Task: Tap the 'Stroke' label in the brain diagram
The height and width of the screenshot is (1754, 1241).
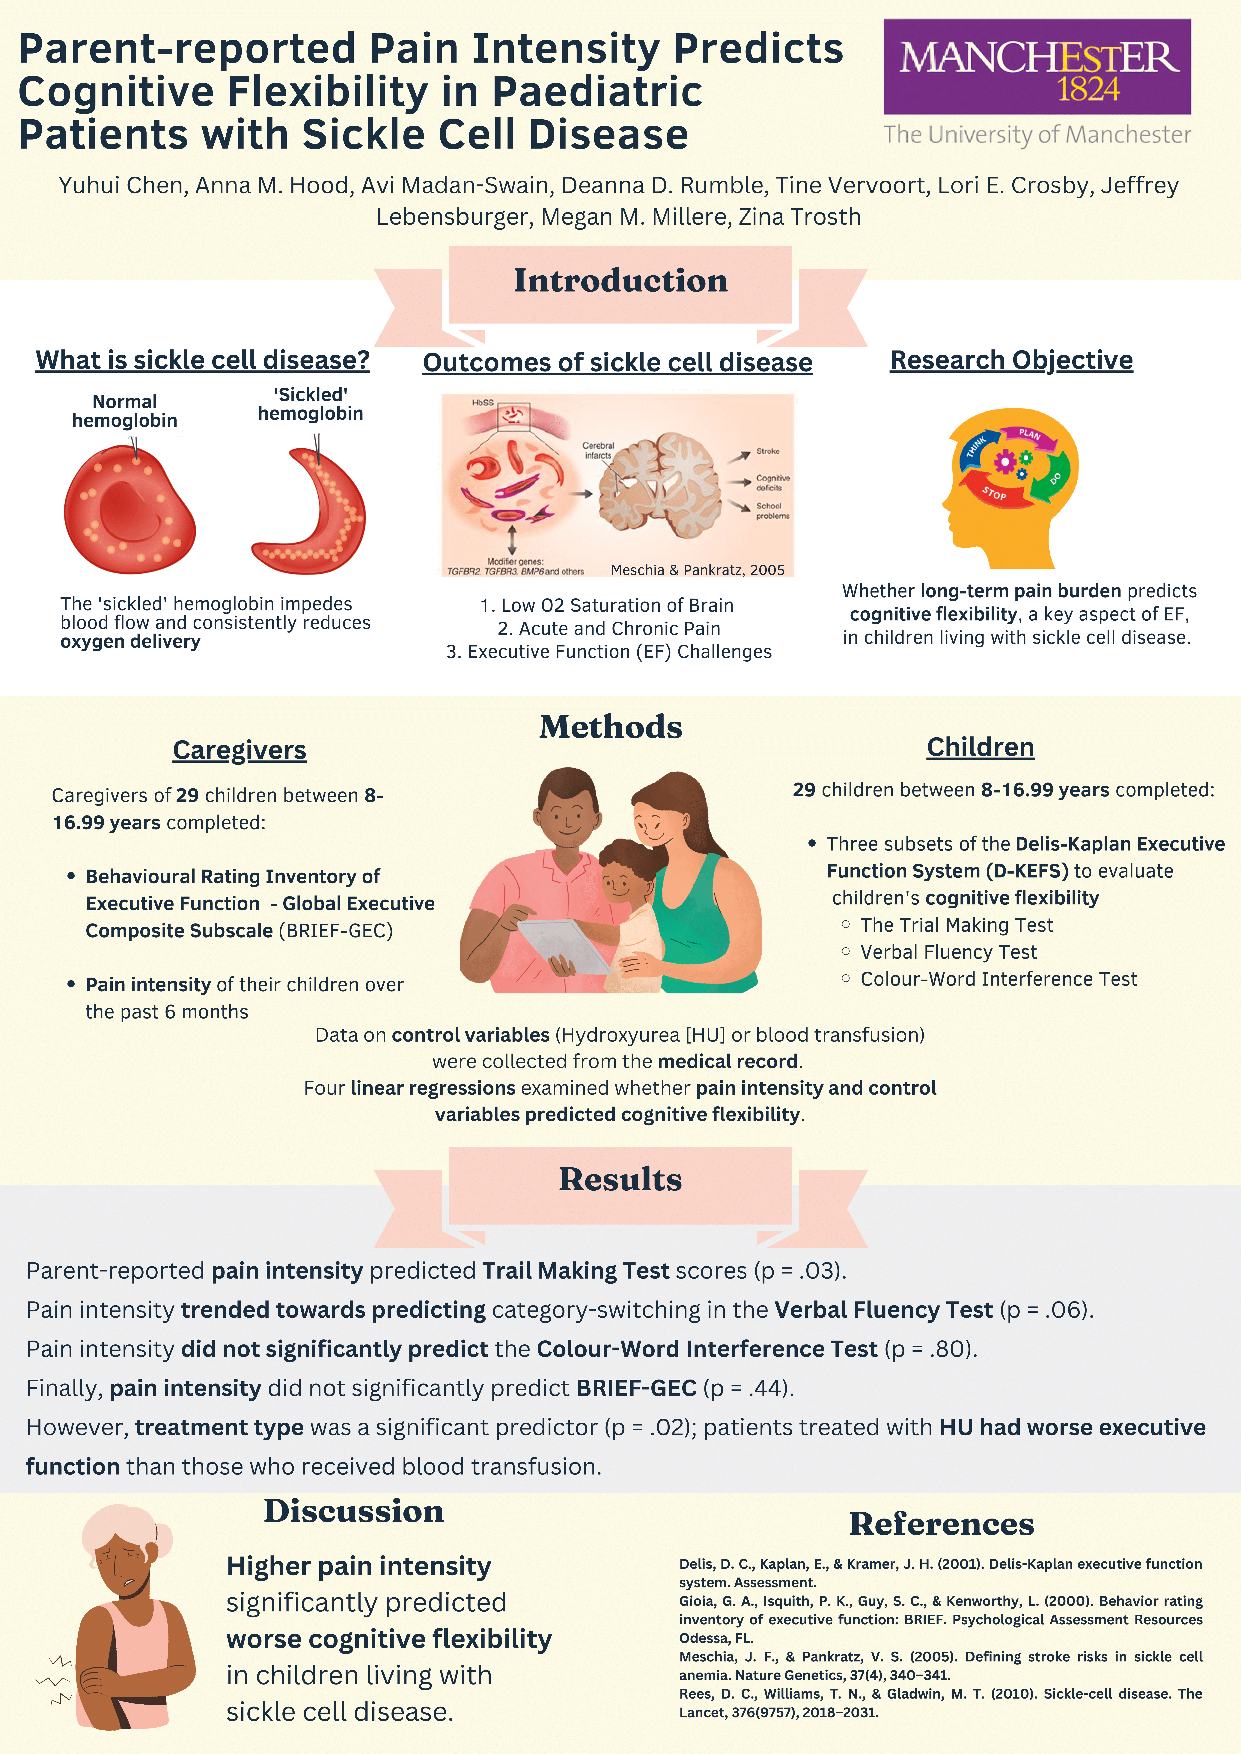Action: [767, 451]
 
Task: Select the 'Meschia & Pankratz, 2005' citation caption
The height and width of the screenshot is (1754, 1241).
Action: [698, 570]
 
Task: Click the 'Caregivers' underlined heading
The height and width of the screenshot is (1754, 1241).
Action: [239, 750]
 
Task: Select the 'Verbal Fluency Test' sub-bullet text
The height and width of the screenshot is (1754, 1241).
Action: [948, 952]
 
